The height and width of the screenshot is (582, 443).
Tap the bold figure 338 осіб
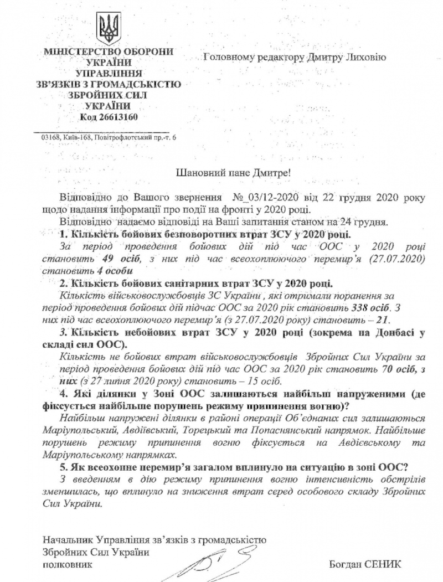pyautogui.click(x=373, y=307)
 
